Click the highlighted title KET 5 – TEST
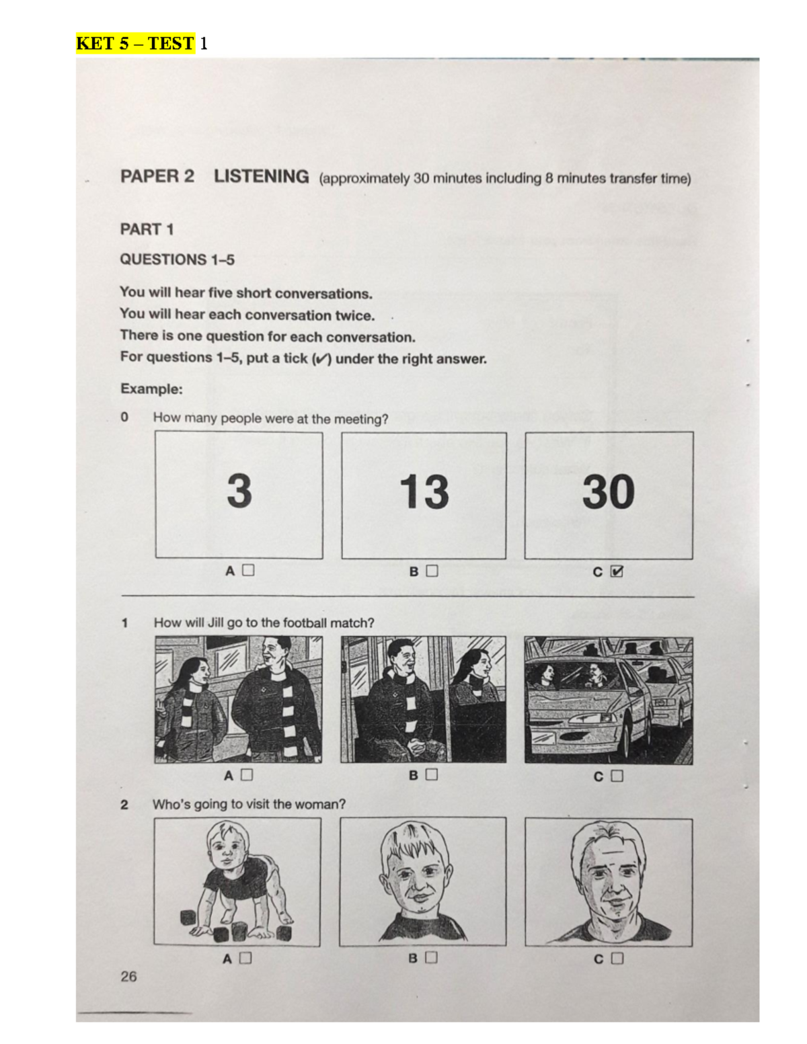tap(135, 44)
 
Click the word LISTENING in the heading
tap(261, 177)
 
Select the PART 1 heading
tap(147, 229)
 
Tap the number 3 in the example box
tap(239, 491)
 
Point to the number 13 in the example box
tap(424, 491)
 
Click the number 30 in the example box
tap(608, 491)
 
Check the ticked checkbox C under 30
tap(617, 571)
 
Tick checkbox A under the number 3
tap(248, 571)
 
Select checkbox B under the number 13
tap(432, 571)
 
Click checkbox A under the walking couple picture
tap(247, 775)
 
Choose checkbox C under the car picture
tap(617, 776)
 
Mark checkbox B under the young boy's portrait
tap(431, 957)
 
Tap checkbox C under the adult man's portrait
tap(617, 958)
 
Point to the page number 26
tap(128, 976)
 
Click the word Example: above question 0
tap(151, 389)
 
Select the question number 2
tap(124, 804)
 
